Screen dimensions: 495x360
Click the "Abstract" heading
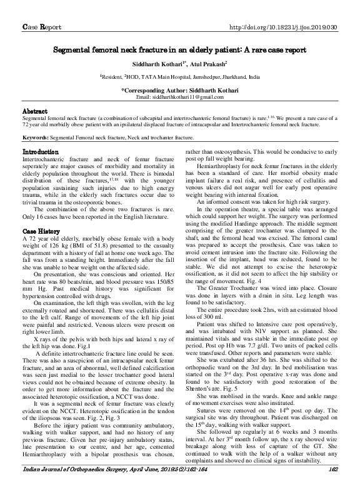coord(35,110)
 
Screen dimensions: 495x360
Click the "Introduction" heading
coord(41,152)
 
